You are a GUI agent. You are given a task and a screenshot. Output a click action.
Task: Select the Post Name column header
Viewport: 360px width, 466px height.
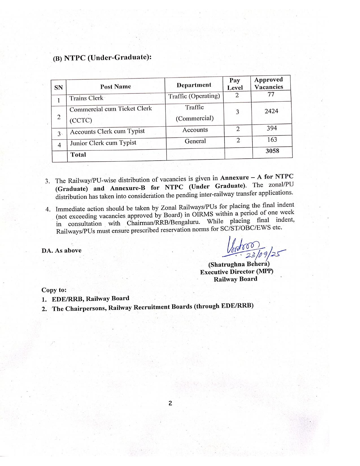[x=115, y=87]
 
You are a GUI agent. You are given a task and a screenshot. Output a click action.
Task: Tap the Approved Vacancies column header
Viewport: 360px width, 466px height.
[x=268, y=83]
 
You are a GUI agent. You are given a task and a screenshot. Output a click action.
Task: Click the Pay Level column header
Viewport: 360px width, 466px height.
[x=235, y=84]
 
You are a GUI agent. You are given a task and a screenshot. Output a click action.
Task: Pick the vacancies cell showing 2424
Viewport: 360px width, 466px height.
[x=271, y=111]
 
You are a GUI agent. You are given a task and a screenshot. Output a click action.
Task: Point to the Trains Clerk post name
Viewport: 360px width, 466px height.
[x=86, y=98]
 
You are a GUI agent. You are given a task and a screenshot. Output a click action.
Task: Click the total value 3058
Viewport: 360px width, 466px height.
[x=272, y=151]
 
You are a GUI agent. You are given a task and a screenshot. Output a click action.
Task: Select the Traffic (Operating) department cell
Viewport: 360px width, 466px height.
[x=194, y=96]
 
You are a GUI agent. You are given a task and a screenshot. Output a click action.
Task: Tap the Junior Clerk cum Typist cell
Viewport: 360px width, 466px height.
[x=103, y=143]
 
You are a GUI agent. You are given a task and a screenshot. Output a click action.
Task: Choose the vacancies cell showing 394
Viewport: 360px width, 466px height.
[x=272, y=128]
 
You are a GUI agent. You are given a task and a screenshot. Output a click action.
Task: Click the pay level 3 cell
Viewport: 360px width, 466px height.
[x=237, y=112]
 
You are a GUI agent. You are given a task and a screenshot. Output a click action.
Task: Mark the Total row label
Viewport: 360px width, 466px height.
[x=78, y=155]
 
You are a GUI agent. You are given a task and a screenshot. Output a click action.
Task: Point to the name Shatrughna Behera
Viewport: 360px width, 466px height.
[x=239, y=264]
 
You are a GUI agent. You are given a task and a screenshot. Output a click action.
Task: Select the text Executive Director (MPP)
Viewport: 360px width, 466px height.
[x=237, y=272]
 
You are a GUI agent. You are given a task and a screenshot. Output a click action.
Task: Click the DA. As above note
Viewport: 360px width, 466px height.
[x=62, y=251]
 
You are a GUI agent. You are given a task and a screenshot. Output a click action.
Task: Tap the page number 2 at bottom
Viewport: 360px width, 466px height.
[x=170, y=403]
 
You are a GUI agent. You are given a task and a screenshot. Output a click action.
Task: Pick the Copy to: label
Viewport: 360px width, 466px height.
[x=54, y=290]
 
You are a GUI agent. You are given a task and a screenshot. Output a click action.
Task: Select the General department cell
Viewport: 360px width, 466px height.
[x=195, y=141]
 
